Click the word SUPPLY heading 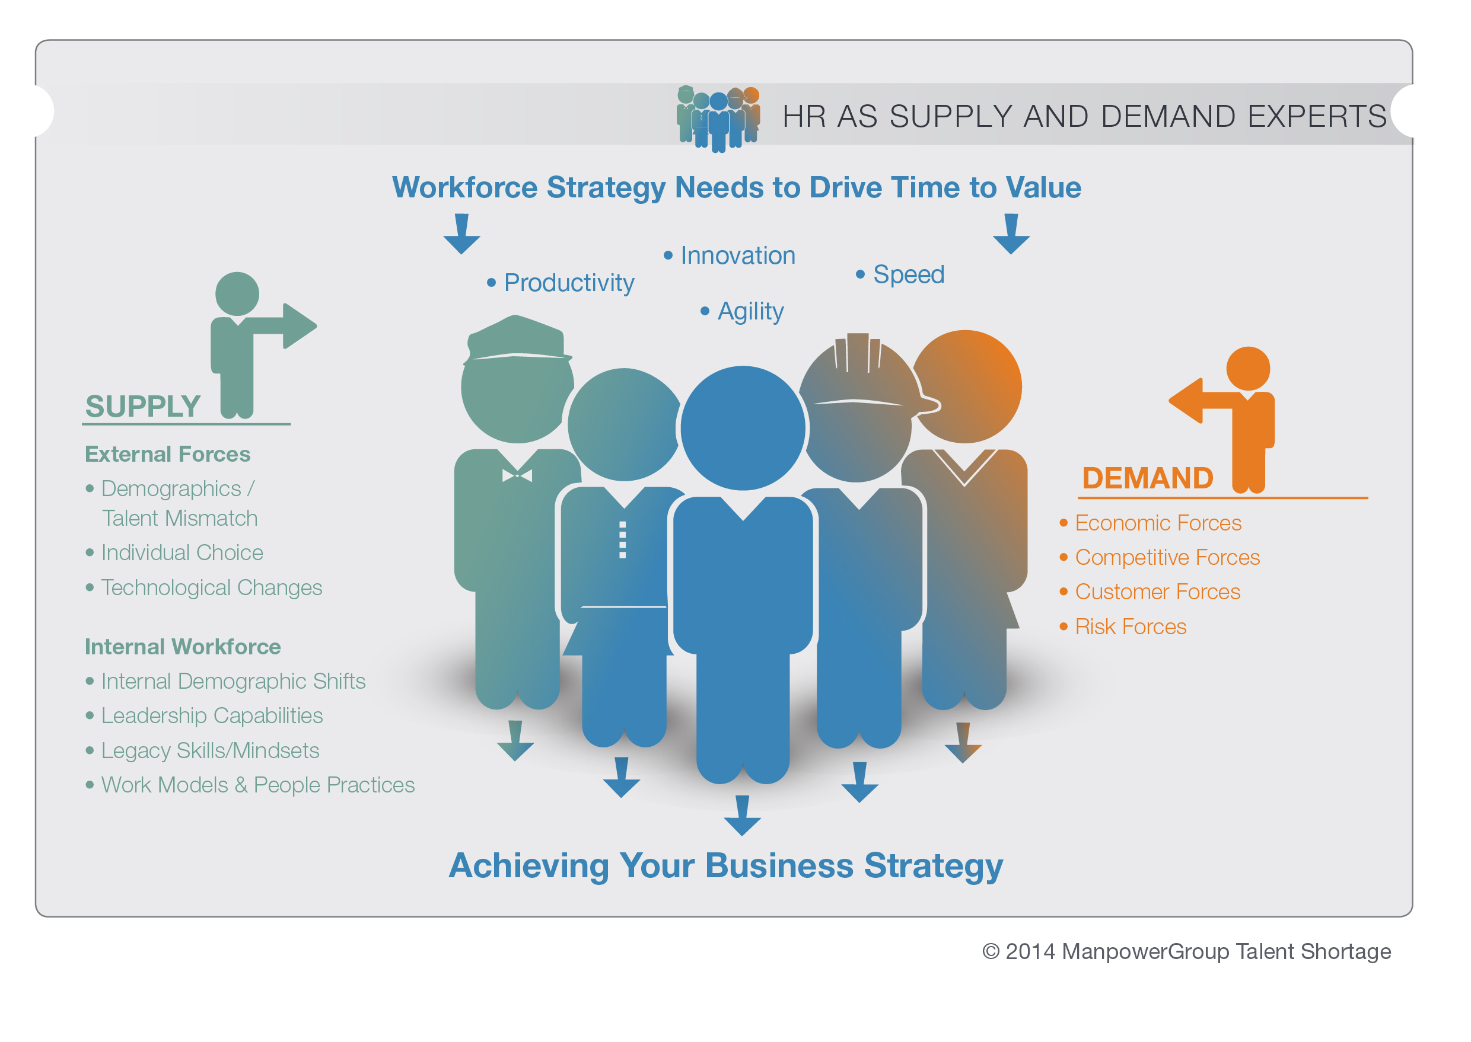(x=143, y=406)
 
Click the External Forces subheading (x=168, y=454)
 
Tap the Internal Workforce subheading (x=183, y=647)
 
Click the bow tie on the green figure (x=517, y=475)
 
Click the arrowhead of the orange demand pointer (x=1185, y=400)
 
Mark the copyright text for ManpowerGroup (x=1186, y=951)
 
